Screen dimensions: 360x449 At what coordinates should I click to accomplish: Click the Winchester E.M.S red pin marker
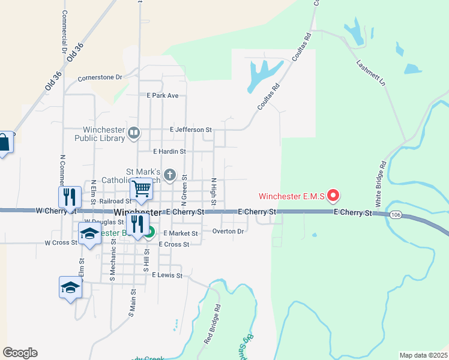(x=333, y=196)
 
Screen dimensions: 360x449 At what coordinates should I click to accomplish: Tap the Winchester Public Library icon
(x=134, y=132)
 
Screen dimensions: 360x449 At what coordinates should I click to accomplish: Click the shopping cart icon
(x=142, y=189)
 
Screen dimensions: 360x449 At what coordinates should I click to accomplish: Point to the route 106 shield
(x=395, y=214)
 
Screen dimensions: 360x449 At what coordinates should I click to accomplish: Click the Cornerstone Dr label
(x=100, y=77)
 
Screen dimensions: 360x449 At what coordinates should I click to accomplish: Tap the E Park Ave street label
(x=163, y=95)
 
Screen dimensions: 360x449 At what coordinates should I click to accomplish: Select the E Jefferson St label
(x=191, y=130)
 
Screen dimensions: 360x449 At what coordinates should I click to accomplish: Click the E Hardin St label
(x=170, y=152)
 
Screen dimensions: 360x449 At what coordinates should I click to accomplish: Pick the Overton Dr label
(x=228, y=231)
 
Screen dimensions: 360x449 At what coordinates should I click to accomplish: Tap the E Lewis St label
(x=166, y=275)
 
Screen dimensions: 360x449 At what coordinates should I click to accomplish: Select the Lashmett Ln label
(x=369, y=73)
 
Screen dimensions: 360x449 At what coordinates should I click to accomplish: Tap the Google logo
(x=20, y=353)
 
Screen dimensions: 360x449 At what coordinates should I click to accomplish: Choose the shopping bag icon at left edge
(x=4, y=143)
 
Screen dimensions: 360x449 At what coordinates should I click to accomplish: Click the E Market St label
(x=180, y=233)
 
